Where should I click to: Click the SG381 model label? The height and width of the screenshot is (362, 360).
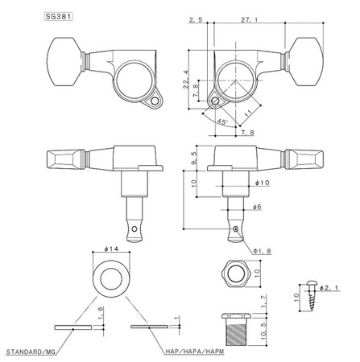[58, 17]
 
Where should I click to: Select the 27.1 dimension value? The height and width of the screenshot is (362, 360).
[249, 20]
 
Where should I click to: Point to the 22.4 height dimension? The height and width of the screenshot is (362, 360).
[187, 80]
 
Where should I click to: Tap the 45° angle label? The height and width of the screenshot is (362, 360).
[222, 122]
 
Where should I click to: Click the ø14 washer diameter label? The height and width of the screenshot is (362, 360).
[111, 249]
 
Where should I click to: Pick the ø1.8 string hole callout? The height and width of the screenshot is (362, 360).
[263, 251]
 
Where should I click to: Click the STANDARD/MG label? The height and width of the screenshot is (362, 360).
[31, 352]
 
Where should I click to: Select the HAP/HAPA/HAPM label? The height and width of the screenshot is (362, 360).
[195, 352]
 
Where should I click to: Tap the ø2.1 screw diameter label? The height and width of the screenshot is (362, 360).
[329, 288]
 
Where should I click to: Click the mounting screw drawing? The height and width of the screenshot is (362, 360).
[312, 296]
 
